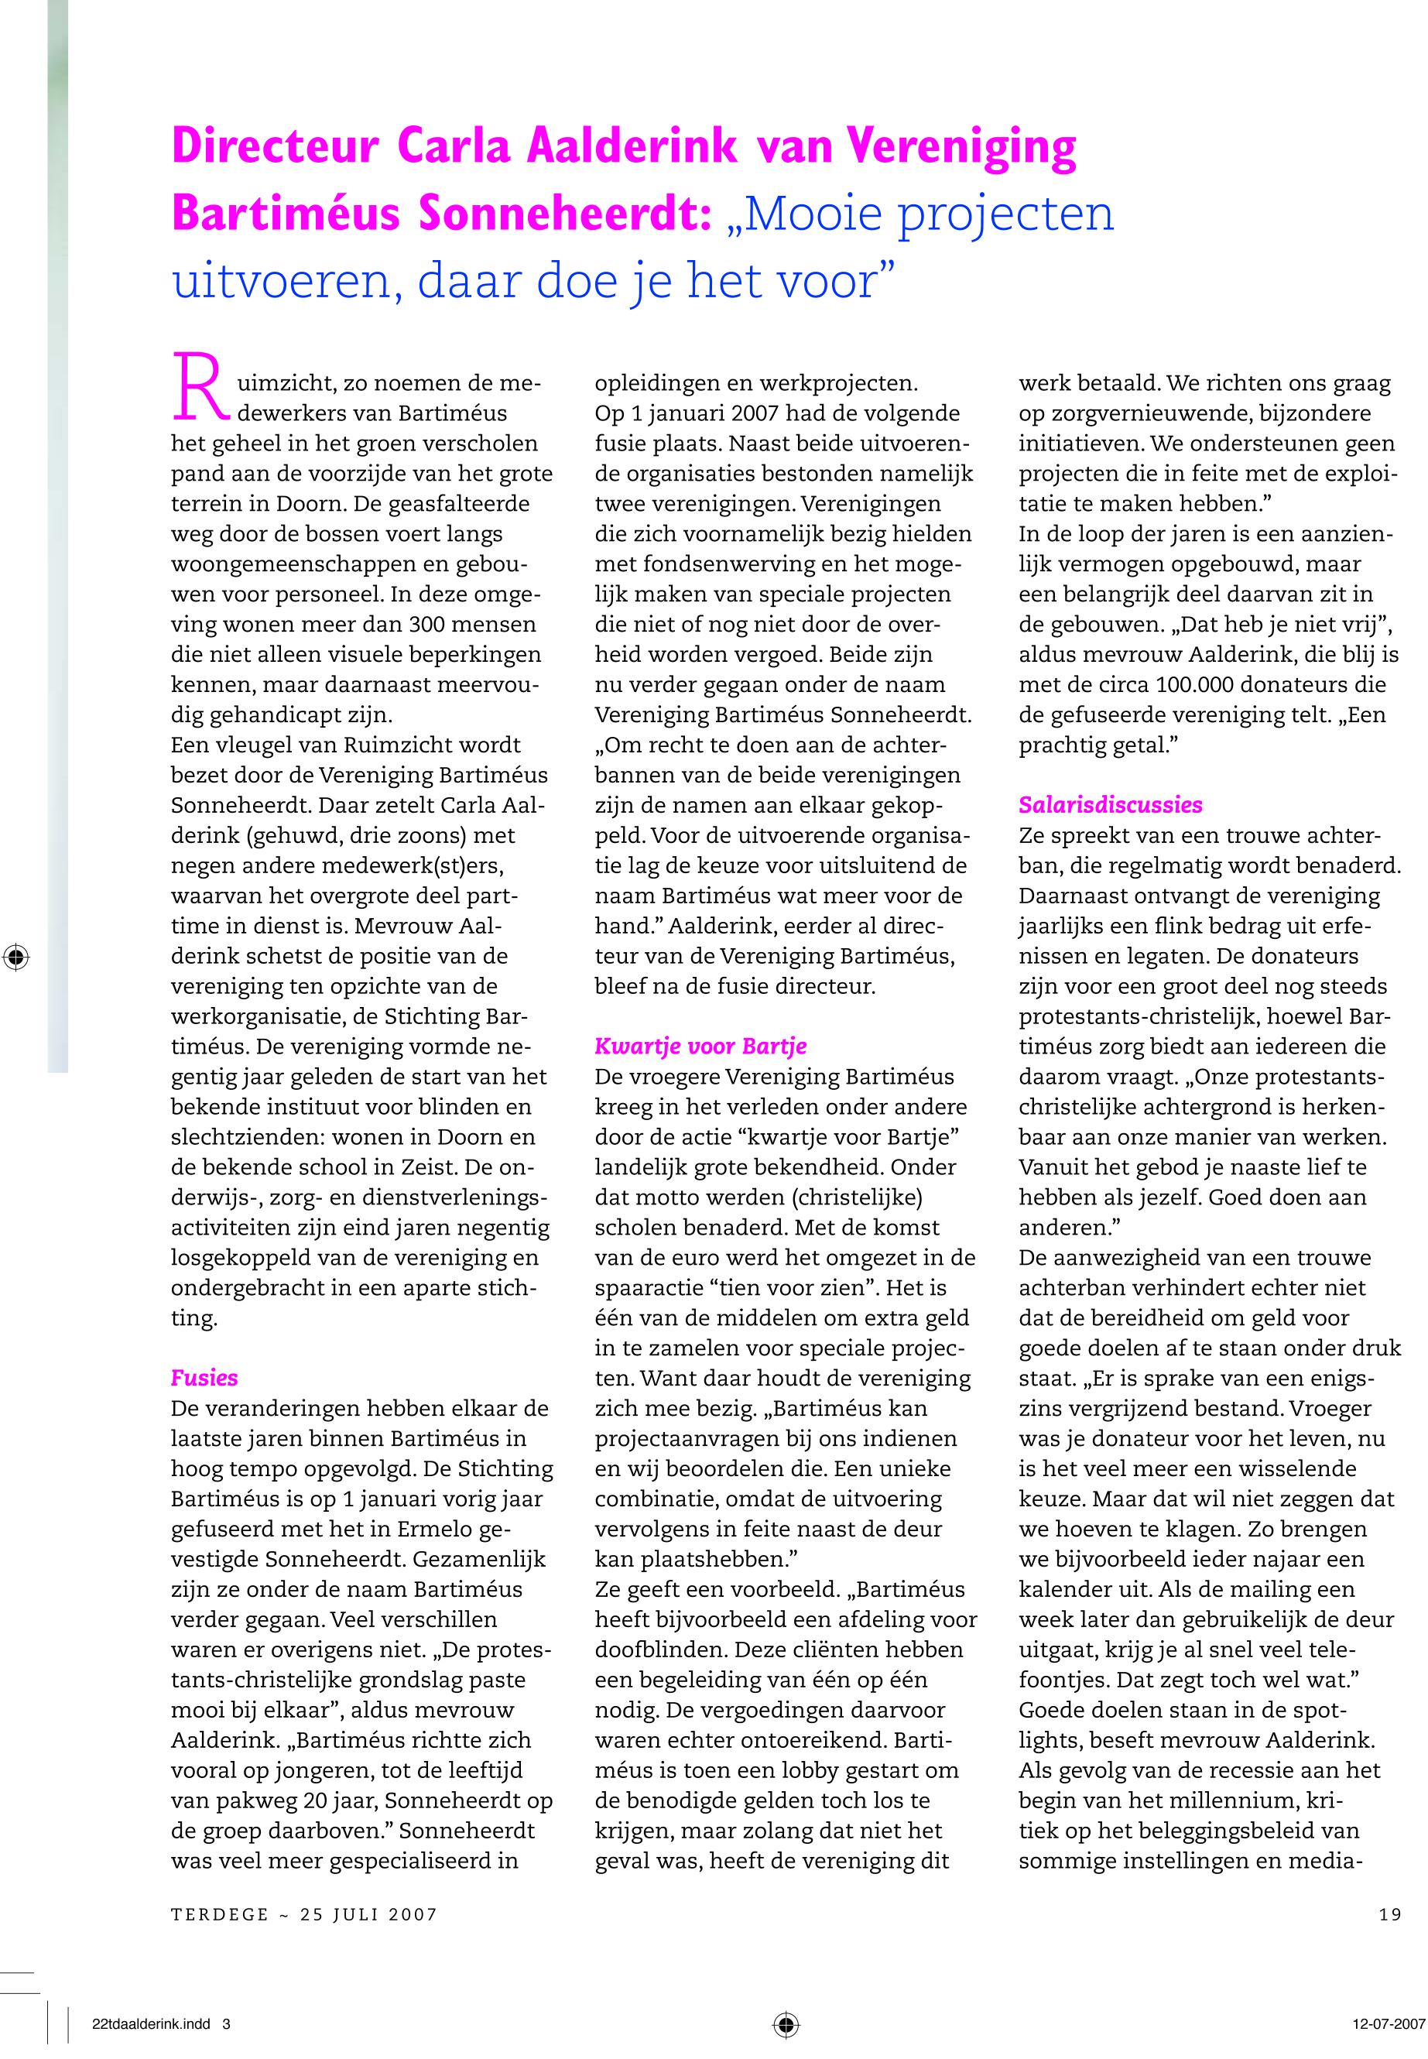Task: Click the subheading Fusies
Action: pyautogui.click(x=204, y=1378)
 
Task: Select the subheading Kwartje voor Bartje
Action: pyautogui.click(x=700, y=1045)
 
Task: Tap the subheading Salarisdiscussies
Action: pyautogui.click(x=1111, y=804)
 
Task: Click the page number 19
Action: pyautogui.click(x=1389, y=1914)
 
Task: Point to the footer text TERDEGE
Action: pyautogui.click(x=220, y=1914)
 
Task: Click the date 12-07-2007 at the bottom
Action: pyautogui.click(x=1387, y=2024)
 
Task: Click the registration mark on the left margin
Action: pyautogui.click(x=15, y=957)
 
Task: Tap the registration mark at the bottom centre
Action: pyautogui.click(x=786, y=2024)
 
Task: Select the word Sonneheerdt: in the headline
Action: pyautogui.click(x=564, y=214)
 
